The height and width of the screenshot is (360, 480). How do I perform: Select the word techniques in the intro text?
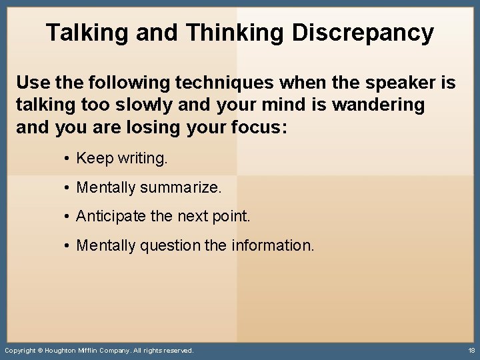(x=223, y=83)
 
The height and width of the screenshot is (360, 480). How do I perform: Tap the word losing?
(x=138, y=127)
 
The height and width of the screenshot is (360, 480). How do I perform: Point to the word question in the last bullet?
(x=170, y=245)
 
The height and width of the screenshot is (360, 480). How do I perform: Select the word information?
(x=273, y=245)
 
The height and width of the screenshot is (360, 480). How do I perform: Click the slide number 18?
(x=471, y=350)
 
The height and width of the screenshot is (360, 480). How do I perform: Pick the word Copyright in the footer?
(x=19, y=350)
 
